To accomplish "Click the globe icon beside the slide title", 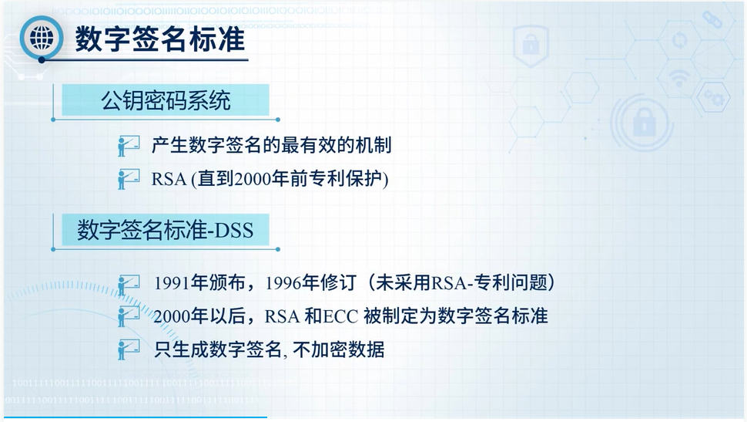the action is coord(42,38).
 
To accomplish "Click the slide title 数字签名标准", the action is coord(160,39).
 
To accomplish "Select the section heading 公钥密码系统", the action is coord(166,101).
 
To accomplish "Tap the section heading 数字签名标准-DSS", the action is coord(166,230).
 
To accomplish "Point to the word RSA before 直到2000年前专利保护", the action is coord(169,180).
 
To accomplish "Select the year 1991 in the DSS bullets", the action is coord(172,283).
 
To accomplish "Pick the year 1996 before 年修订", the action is coord(283,283).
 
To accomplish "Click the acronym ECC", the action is coord(340,316).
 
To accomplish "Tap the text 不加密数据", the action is coord(339,350).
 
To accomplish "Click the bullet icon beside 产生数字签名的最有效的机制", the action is coord(128,146).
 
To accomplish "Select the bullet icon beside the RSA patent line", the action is coord(128,179).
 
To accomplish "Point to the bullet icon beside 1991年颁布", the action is coord(128,285).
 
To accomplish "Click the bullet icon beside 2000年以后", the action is coord(128,316).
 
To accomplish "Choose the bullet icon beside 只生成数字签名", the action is coord(128,349).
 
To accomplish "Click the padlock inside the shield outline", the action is coord(531,45).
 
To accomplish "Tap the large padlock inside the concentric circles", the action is coord(644,122).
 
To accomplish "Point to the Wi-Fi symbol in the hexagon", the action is coord(679,77).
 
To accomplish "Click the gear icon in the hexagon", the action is coord(714,98).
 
